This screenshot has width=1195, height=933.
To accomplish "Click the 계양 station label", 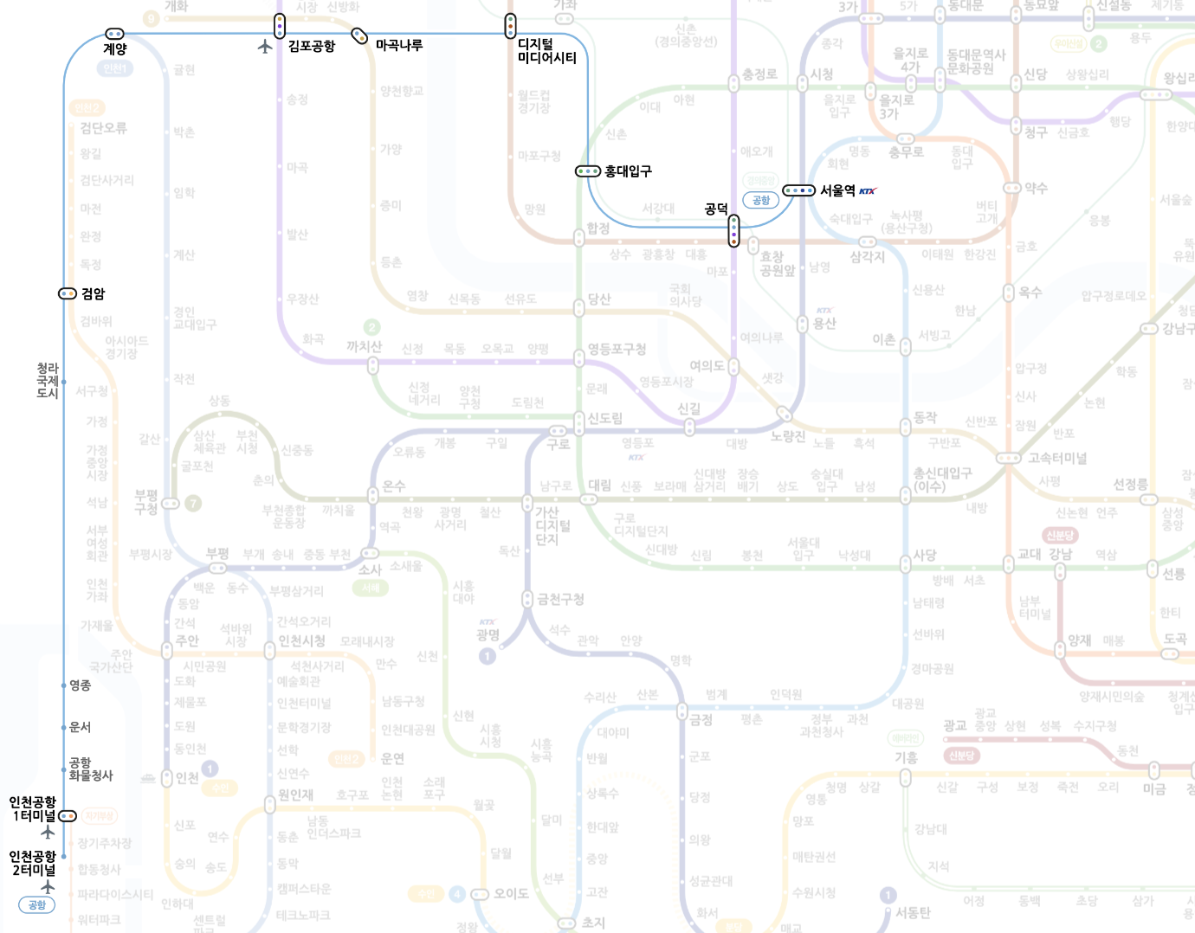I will [x=115, y=49].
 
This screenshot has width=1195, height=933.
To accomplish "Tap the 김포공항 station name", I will [x=312, y=46].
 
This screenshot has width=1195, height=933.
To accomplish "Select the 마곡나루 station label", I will [x=399, y=45].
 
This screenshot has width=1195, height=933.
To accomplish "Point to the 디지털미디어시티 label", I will [x=546, y=51].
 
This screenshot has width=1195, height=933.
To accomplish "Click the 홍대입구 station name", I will [x=628, y=171].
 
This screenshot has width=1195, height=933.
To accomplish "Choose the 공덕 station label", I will [x=716, y=209].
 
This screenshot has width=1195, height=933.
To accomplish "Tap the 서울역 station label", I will [x=837, y=190].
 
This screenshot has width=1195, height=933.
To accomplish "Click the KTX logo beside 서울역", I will [x=868, y=191].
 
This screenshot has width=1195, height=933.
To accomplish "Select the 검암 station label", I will [x=94, y=293].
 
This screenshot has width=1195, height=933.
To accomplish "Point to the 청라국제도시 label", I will [x=47, y=381].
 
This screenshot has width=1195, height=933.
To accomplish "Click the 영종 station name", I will [x=81, y=685].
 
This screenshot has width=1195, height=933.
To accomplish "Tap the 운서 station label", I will [x=81, y=727].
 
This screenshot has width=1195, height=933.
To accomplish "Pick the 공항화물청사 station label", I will [x=90, y=769].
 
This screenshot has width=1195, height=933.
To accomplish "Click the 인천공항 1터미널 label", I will [x=33, y=808].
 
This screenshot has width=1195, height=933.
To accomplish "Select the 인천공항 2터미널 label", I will [x=33, y=863].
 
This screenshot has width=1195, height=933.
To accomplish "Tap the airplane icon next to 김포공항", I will [x=265, y=46].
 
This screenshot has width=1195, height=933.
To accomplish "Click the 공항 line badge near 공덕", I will [x=761, y=200].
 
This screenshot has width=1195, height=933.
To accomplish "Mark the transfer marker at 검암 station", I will [x=68, y=293].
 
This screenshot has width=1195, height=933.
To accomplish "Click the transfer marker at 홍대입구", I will [x=588, y=171].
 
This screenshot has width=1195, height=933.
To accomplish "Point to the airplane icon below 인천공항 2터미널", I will [x=48, y=886].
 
